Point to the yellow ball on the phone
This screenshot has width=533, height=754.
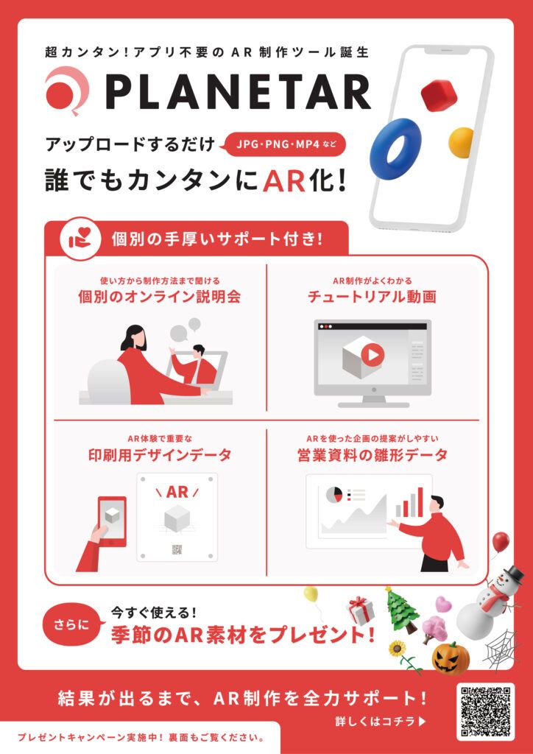(462, 141)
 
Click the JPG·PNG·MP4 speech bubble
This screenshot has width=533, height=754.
(286, 144)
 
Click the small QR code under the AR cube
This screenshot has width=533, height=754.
(177, 549)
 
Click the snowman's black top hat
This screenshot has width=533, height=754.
(514, 573)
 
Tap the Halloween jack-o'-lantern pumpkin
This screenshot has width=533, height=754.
(450, 658)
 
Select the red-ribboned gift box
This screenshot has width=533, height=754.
(361, 610)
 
